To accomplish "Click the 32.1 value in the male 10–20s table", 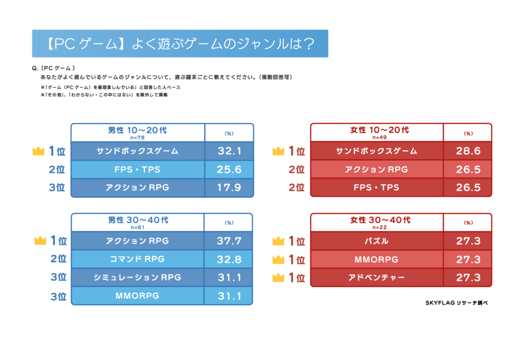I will [229, 151].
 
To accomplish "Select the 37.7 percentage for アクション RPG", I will [229, 241].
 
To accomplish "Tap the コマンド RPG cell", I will [137, 259].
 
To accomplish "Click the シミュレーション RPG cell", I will [137, 277].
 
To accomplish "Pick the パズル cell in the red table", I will [376, 241].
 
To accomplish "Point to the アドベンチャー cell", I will [376, 277].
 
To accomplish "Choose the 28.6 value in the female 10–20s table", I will [468, 151].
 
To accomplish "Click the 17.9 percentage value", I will [229, 188].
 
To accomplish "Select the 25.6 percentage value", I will [229, 169].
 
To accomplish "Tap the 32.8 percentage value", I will [229, 259].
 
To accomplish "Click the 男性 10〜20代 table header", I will [137, 132].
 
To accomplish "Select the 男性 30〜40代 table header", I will [137, 222].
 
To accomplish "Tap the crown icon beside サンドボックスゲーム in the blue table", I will [39, 151].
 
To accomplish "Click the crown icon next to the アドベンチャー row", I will [278, 278].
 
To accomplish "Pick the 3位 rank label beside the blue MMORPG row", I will [58, 296].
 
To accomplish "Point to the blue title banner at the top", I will [179, 44].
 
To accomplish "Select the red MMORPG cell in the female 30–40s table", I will [376, 259].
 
